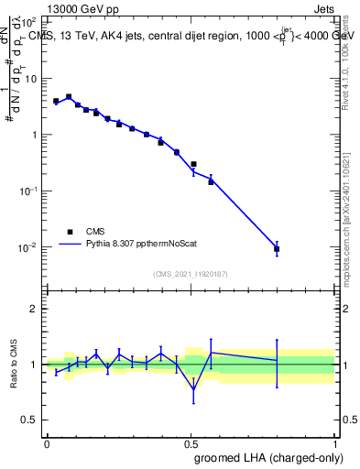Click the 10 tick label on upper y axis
coord(30,79)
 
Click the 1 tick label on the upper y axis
coord(33,135)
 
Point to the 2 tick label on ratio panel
coord(33,309)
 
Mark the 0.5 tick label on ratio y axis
coord(28,420)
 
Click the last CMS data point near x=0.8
coord(277,248)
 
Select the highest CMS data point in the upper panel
coord(69,96)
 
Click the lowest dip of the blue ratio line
coord(193,388)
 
